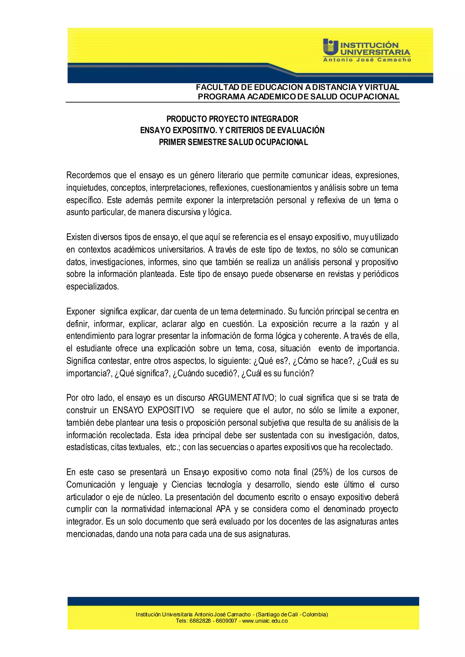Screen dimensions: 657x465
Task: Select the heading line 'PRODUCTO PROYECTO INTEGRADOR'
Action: (232, 119)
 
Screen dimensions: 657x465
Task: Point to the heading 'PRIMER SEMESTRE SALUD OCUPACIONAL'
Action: (233, 142)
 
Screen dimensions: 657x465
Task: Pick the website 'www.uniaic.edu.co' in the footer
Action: (265, 621)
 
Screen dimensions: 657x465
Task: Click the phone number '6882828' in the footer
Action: (200, 621)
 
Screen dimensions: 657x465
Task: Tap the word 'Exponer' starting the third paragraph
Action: (81, 311)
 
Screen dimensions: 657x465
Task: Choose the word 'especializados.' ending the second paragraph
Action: (92, 287)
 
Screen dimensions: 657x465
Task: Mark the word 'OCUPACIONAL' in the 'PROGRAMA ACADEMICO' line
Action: (369, 97)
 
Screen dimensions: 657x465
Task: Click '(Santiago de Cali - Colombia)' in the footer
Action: (292, 614)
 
